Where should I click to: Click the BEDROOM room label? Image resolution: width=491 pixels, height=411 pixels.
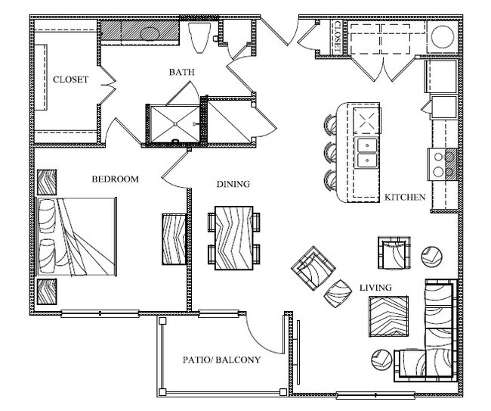click(116, 179)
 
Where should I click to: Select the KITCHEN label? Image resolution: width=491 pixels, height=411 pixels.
click(405, 197)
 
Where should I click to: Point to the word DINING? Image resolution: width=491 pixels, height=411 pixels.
click(233, 184)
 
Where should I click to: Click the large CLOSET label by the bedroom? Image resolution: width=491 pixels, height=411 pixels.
click(70, 79)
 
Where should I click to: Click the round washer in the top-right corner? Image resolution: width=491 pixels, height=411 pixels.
click(441, 36)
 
